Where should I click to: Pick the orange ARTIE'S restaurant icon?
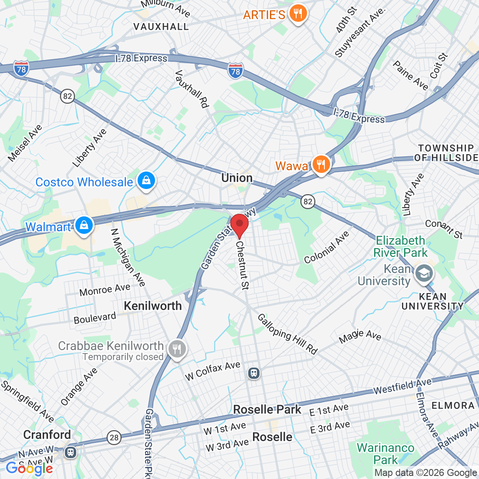(x=298, y=14)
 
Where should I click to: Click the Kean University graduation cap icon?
(x=424, y=273)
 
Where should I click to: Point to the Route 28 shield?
(x=114, y=437)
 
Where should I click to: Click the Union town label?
(x=237, y=178)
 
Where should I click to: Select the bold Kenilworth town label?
(x=153, y=306)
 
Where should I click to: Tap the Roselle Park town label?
(x=267, y=409)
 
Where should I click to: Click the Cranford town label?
(x=47, y=435)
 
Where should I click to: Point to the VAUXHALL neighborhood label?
(x=161, y=27)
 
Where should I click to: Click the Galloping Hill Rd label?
(x=287, y=334)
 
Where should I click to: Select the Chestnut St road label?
(x=242, y=265)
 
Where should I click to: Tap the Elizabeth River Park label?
(x=401, y=246)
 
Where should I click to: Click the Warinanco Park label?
(x=385, y=454)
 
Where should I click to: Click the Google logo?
(x=29, y=469)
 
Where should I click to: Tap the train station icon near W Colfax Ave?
(x=254, y=373)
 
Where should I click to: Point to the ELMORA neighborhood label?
(x=453, y=406)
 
